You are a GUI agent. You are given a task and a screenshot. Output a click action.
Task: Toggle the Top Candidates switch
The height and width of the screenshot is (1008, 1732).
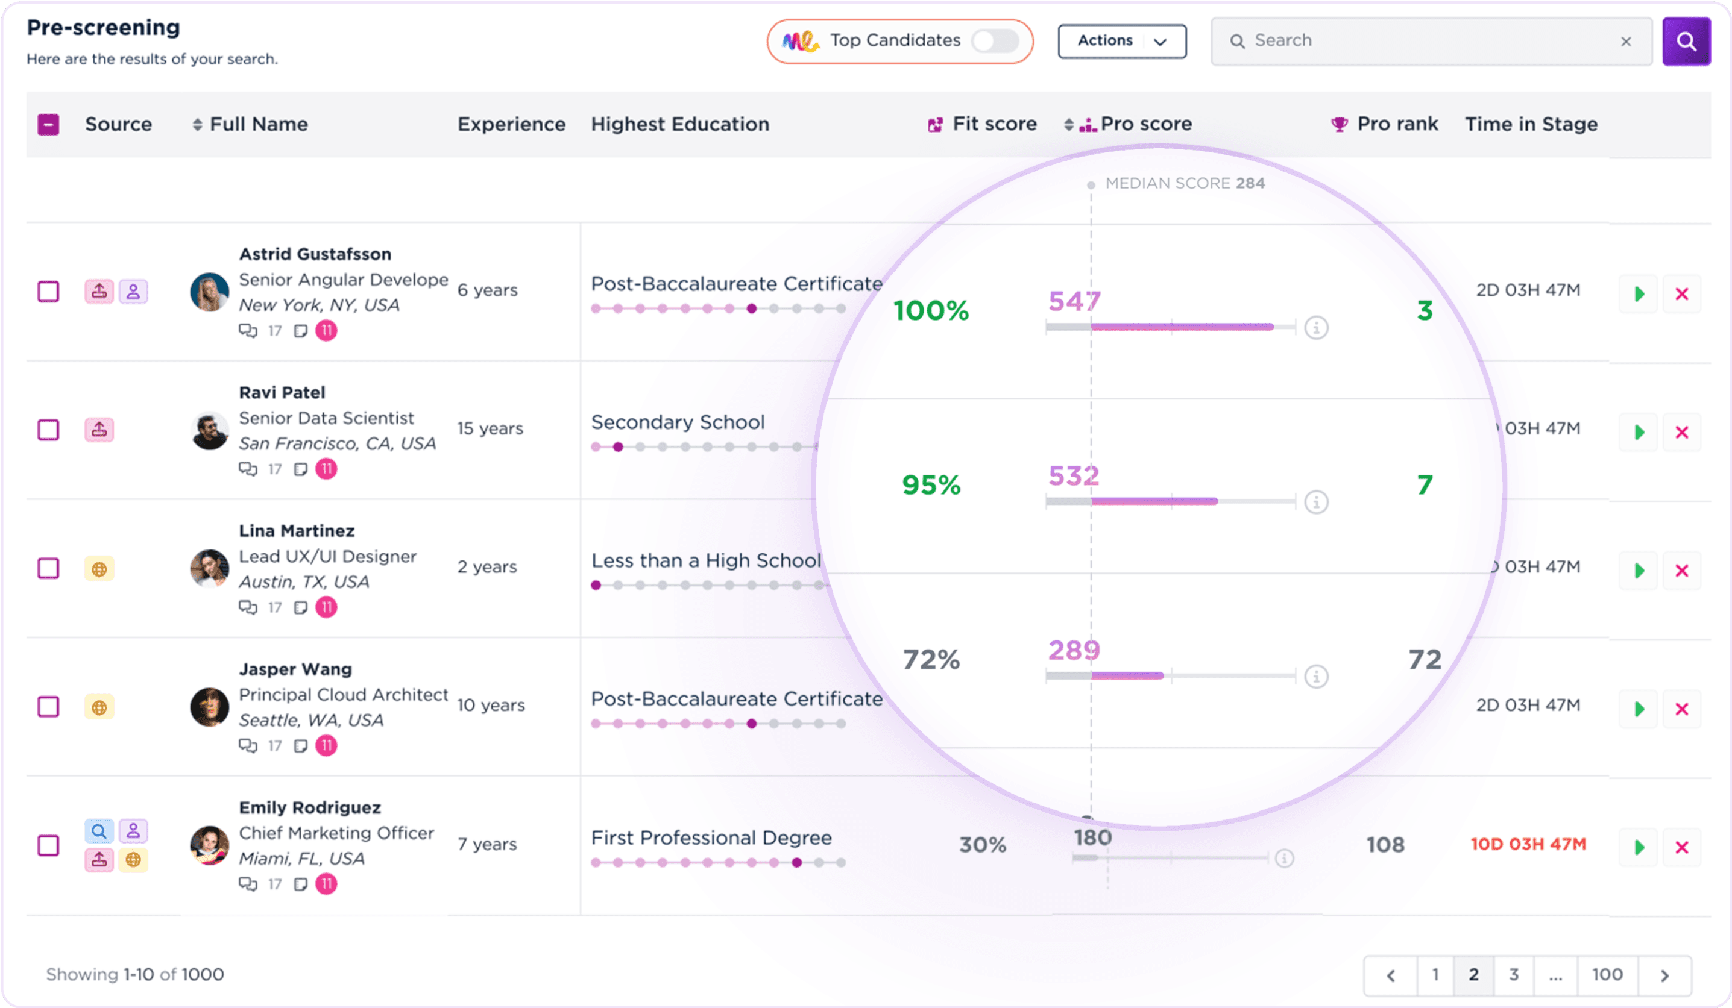point(995,40)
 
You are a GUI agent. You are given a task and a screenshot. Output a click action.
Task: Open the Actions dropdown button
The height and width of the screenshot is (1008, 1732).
point(1122,41)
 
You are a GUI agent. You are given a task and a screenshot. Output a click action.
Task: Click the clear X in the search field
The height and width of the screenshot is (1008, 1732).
point(1625,41)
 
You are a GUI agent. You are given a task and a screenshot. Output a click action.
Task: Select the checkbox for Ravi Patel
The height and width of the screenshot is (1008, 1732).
point(48,430)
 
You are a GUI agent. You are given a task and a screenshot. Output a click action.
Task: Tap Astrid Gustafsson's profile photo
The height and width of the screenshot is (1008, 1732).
point(209,292)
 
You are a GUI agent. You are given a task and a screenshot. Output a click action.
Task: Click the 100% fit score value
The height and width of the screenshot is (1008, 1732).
point(931,310)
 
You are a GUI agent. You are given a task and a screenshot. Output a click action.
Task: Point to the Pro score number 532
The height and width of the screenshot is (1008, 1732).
point(1074,475)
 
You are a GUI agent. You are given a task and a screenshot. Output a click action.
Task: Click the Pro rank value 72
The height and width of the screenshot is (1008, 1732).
point(1425,660)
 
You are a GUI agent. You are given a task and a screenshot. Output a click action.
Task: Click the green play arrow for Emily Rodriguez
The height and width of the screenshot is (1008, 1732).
point(1639,847)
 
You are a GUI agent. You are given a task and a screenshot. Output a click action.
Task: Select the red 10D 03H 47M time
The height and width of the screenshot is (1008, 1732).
point(1528,844)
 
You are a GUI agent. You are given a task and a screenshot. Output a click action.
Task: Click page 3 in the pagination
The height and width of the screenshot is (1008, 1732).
point(1513,974)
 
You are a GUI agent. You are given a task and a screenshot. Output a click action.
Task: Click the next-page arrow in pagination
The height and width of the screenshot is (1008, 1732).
point(1664,975)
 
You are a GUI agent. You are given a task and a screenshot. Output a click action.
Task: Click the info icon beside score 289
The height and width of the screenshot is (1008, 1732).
point(1315,676)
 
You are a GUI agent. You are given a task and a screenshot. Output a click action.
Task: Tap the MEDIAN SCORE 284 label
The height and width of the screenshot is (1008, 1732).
point(1184,183)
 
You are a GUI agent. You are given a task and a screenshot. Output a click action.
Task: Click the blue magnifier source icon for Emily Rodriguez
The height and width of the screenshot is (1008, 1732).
point(99,831)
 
